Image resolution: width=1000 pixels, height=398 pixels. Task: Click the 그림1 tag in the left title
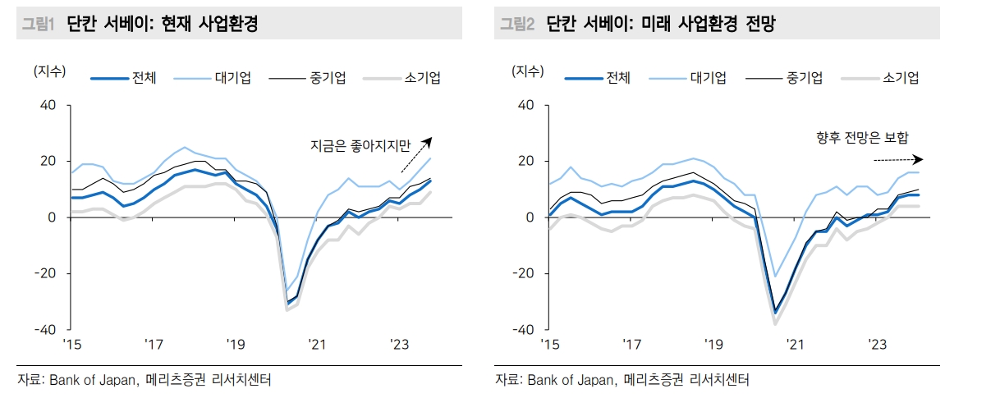(36, 25)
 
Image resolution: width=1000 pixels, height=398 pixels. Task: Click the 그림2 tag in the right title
(518, 25)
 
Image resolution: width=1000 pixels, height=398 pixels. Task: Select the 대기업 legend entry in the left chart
(232, 78)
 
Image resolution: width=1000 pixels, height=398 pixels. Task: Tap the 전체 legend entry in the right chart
(617, 78)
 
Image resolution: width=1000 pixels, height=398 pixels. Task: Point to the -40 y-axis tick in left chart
(44, 330)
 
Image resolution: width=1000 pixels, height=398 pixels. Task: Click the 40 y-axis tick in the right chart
(526, 106)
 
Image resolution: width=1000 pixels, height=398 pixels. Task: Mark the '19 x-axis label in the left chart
(236, 345)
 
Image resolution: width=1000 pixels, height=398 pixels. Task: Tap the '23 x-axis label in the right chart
(877, 345)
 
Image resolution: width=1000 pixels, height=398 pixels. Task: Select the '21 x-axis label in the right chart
(794, 345)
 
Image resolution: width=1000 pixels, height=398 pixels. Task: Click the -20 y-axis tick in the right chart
(522, 274)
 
